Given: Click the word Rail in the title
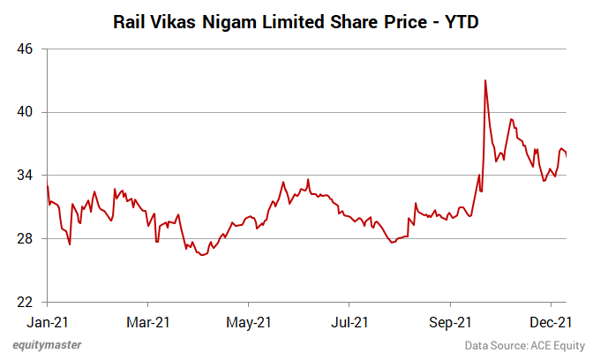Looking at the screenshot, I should [131, 20].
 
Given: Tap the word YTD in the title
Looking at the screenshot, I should [462, 20].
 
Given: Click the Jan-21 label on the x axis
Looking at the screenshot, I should [48, 322].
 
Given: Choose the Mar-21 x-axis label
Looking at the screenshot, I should [148, 322].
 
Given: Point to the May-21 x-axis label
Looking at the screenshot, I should [249, 322].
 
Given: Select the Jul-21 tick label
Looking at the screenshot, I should [349, 322].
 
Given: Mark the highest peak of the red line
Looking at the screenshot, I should [485, 80].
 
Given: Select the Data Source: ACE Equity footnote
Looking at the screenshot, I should [525, 346].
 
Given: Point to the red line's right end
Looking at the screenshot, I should [566, 154].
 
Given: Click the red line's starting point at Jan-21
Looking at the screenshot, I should [48, 185].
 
